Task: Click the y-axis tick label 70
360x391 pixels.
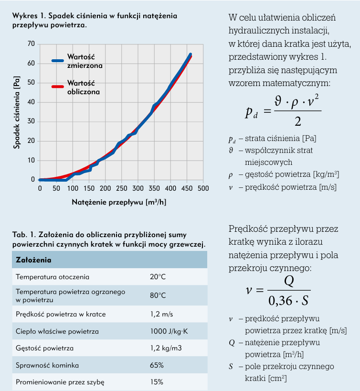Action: click(x=32, y=44)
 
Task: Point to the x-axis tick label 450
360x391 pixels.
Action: click(x=187, y=188)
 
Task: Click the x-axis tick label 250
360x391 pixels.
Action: click(x=122, y=188)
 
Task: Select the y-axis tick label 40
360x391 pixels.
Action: click(x=32, y=102)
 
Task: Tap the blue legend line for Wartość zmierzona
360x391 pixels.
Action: click(x=58, y=61)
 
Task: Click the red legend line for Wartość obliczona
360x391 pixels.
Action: click(x=58, y=87)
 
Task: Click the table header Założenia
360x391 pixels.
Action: click(x=33, y=260)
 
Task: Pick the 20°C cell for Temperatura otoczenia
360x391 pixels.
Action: click(x=158, y=277)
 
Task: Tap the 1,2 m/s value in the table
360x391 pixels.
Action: click(x=160, y=314)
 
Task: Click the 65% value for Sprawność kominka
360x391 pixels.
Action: click(x=157, y=365)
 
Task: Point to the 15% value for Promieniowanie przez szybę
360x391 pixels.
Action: click(x=157, y=382)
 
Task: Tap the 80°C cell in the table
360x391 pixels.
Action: click(x=158, y=295)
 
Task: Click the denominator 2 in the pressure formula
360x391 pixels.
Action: click(x=297, y=121)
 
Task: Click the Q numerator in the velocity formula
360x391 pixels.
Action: click(x=289, y=281)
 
